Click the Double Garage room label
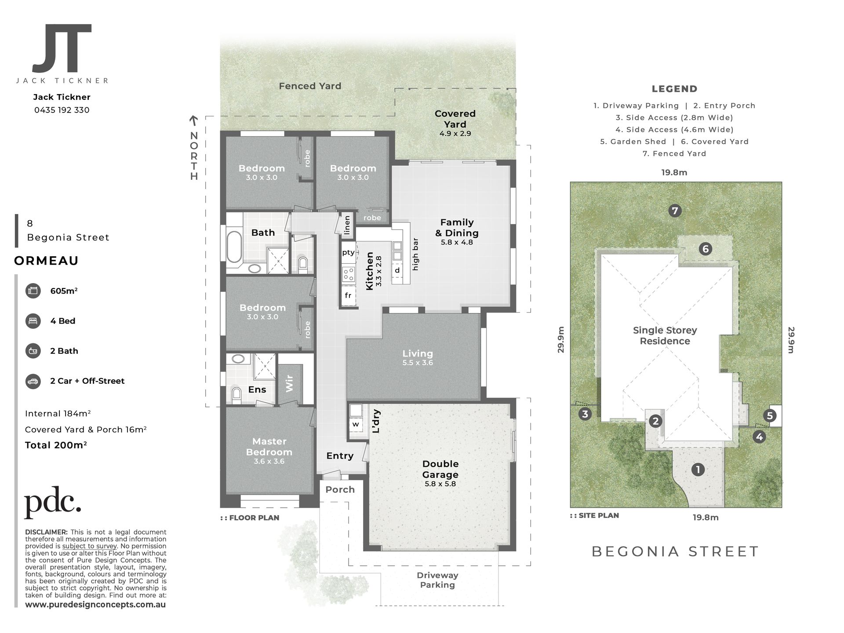point(440,469)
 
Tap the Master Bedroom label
point(269,447)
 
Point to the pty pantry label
point(348,253)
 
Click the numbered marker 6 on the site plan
point(706,249)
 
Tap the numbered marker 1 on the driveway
point(698,469)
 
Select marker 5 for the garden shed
point(769,416)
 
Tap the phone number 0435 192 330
point(62,110)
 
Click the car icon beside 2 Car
point(33,381)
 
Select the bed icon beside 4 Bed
point(33,321)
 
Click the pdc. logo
point(53,502)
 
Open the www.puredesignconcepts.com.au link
point(95,604)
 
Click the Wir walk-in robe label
point(289,383)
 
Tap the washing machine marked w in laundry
point(356,425)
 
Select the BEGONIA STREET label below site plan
point(675,551)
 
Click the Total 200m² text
point(56,445)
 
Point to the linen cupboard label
point(347,225)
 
